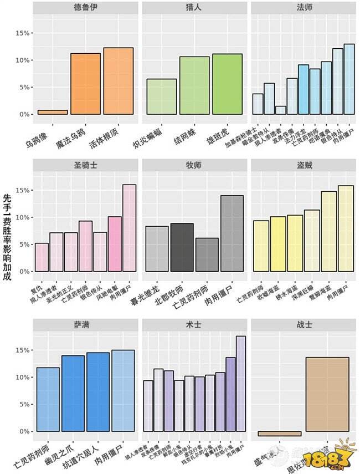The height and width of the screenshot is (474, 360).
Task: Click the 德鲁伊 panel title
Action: [85, 8]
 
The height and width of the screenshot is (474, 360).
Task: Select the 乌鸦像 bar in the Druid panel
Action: [53, 112]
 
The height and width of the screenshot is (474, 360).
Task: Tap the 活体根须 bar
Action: [118, 81]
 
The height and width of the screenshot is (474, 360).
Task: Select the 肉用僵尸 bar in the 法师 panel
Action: [349, 79]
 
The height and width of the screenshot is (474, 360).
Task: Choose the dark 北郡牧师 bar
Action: [181, 247]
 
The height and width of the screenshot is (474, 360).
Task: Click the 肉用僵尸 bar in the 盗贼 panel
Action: [345, 228]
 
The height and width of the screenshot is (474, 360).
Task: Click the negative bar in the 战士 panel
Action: [280, 434]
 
